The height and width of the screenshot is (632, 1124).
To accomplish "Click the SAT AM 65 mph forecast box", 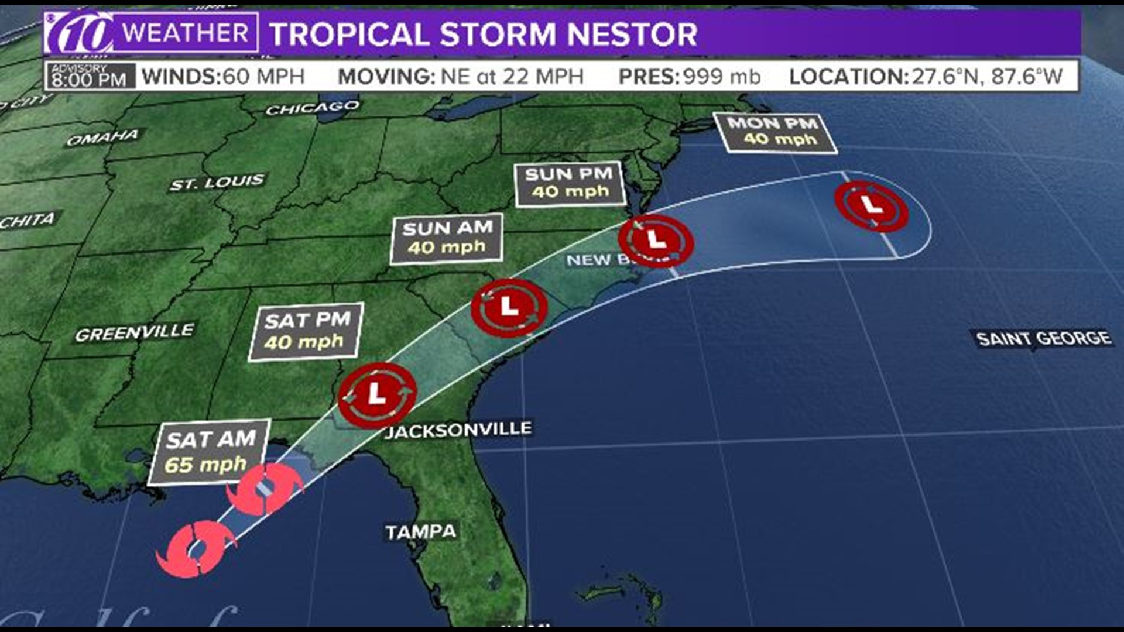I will [x=209, y=452].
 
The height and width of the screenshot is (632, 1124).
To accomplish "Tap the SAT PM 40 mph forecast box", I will [x=306, y=331].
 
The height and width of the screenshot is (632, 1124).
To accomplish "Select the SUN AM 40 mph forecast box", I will [x=447, y=238].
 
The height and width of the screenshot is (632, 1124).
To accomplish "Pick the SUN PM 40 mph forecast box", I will [x=568, y=184].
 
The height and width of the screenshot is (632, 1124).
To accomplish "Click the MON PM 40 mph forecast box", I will [x=774, y=132].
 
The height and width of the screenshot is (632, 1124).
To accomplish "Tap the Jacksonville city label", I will [x=458, y=430].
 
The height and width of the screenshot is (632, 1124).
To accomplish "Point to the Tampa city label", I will [x=420, y=532].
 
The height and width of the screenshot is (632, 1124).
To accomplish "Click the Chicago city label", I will [x=312, y=108].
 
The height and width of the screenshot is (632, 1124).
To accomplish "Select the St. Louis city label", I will [x=217, y=183].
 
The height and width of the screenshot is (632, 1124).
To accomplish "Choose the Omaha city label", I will [x=103, y=138].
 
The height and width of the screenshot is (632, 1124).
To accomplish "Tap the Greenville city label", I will [x=134, y=332].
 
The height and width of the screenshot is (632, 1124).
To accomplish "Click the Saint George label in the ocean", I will [x=1043, y=338].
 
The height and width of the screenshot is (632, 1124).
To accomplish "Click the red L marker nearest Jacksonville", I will [x=378, y=394].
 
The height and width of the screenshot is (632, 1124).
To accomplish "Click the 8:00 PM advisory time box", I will [x=89, y=77].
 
